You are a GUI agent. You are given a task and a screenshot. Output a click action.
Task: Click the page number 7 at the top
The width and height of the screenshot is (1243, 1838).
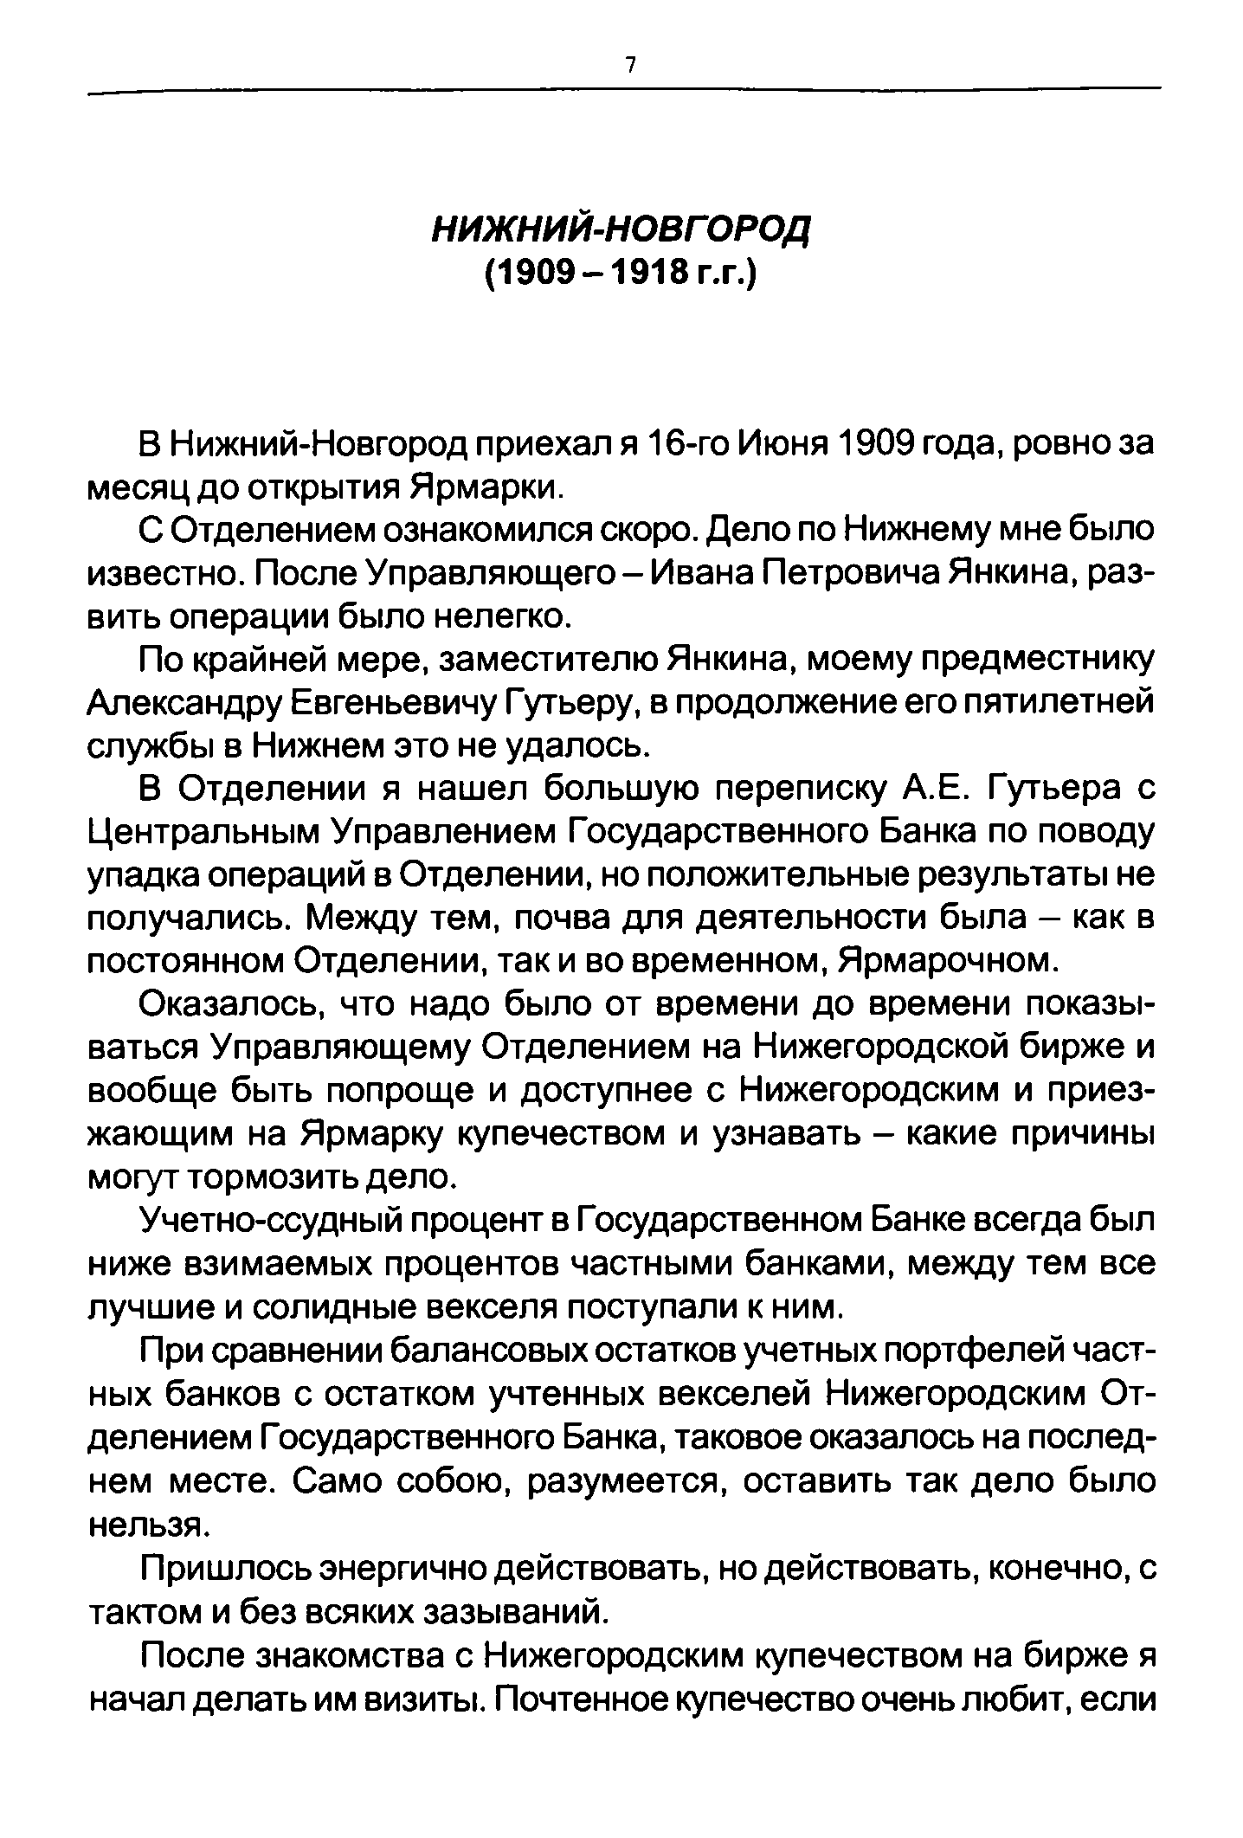(631, 65)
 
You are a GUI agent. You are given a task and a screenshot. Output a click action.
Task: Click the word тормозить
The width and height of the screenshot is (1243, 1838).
(294, 1177)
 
